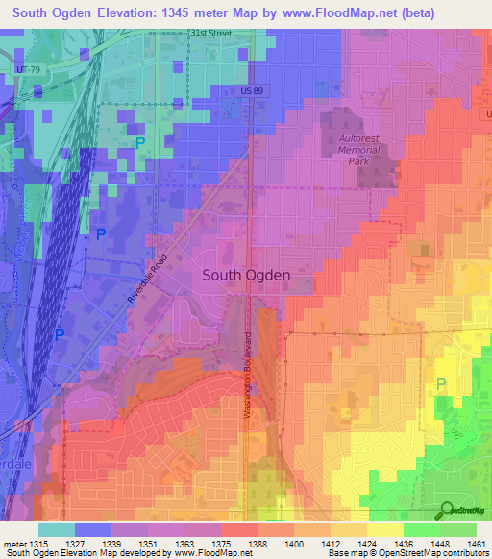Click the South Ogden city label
point(246,274)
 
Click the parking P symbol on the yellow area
point(441,383)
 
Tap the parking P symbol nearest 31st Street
point(140,143)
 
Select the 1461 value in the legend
point(474,544)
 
